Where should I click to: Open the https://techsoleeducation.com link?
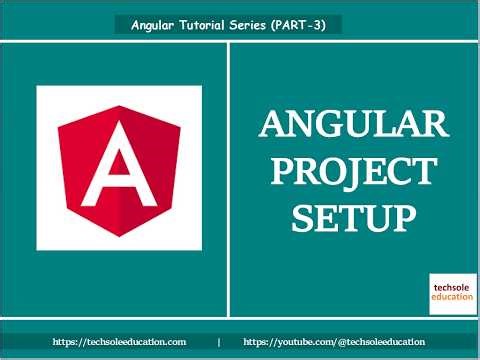tap(119, 342)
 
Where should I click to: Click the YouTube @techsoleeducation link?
tap(333, 342)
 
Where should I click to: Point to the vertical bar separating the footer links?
tap(218, 342)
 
